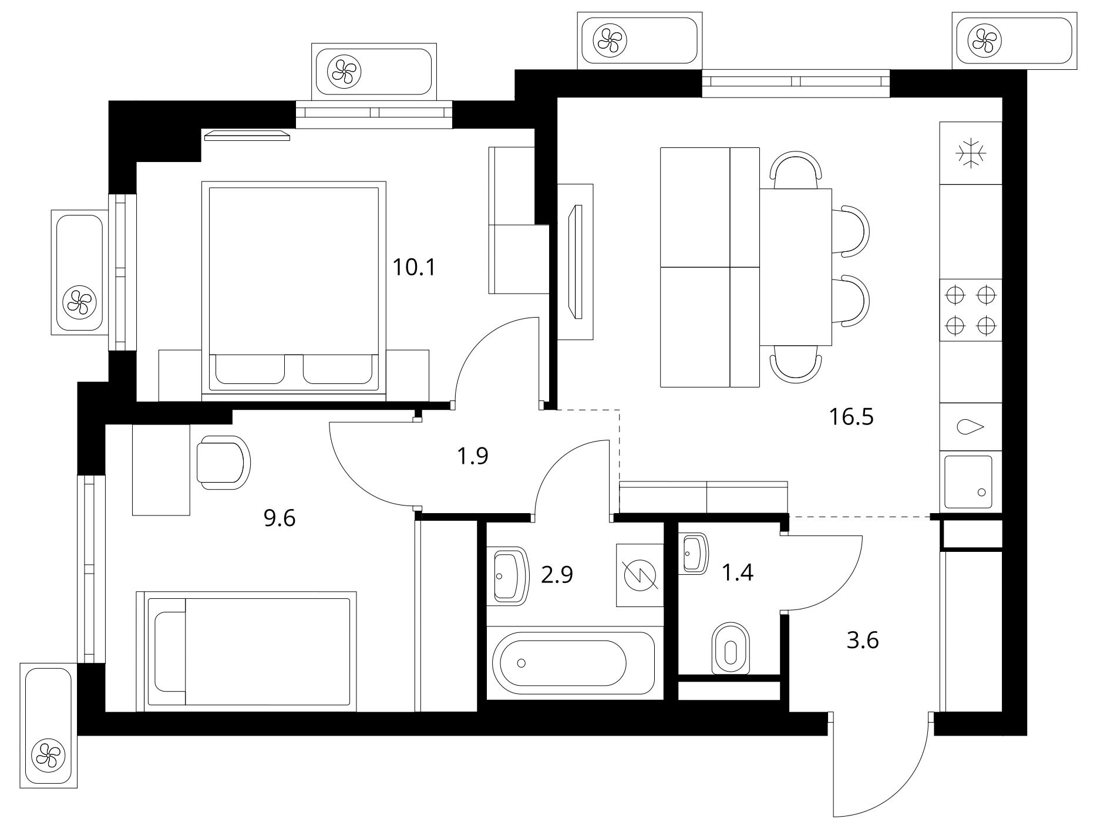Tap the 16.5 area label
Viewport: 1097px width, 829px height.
pos(852,417)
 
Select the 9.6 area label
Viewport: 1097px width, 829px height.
pos(280,518)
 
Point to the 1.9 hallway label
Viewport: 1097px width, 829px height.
pos(473,456)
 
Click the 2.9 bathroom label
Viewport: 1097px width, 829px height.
pos(557,575)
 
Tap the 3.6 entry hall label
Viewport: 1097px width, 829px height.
pos(863,640)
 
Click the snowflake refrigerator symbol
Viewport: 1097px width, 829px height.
pos(971,153)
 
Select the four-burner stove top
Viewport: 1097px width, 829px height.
pos(971,310)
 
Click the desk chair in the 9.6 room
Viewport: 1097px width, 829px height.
pos(224,462)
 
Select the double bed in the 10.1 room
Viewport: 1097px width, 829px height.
pos(294,287)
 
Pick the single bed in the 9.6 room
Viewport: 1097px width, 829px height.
pos(247,652)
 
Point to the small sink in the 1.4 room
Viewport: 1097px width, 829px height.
pos(694,553)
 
